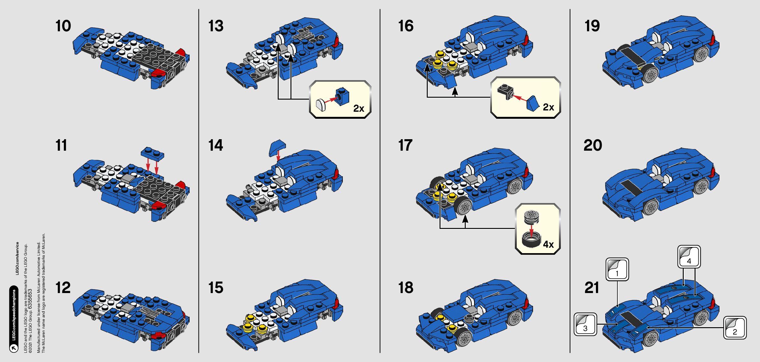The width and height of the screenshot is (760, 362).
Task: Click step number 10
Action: (x=63, y=26)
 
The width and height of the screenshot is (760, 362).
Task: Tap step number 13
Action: (x=216, y=26)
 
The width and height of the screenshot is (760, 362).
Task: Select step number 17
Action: (x=405, y=145)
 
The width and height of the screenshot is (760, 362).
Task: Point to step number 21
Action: (x=592, y=287)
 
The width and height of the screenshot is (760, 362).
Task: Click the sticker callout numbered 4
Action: (x=689, y=257)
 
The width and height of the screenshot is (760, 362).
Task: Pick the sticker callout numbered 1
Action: (x=617, y=269)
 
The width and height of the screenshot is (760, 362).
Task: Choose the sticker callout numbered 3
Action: (x=585, y=324)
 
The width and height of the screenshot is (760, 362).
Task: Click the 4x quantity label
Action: (x=548, y=245)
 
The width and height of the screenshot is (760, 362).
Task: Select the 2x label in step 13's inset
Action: (x=358, y=109)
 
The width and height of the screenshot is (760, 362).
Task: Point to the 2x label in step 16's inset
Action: (x=548, y=107)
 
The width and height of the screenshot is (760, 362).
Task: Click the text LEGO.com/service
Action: (x=17, y=258)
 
